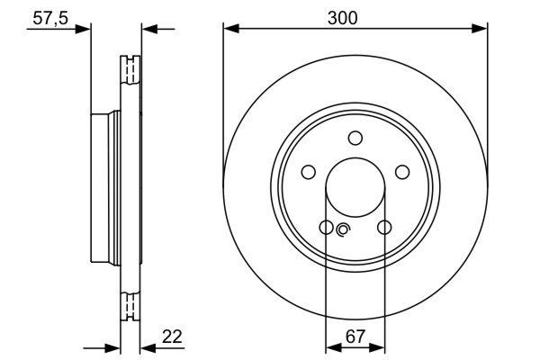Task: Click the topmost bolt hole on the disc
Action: point(355,138)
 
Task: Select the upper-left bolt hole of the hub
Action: point(308,172)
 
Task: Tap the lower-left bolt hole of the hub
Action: point(326,228)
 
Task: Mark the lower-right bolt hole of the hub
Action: point(383,228)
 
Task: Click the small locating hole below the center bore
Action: point(341,230)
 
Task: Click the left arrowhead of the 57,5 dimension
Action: point(85,29)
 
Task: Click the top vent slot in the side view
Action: point(130,70)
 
